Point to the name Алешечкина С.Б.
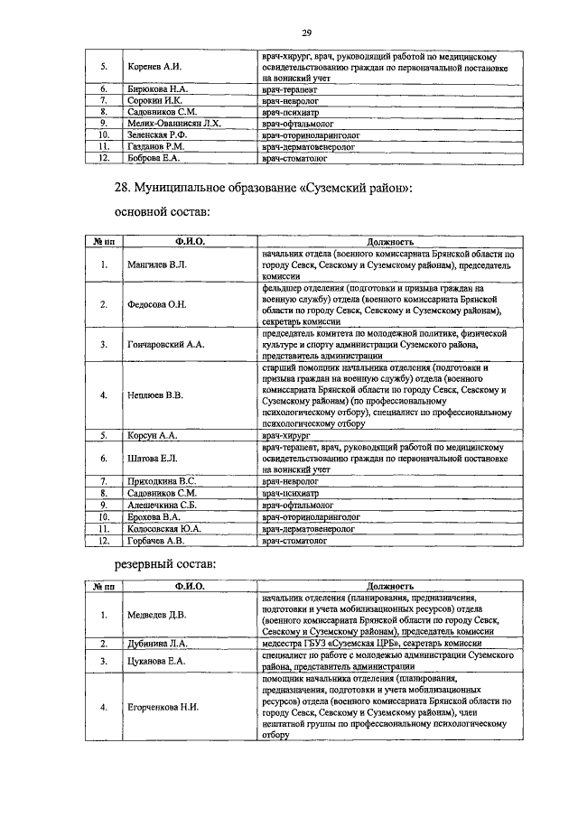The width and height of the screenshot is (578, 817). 168,506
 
